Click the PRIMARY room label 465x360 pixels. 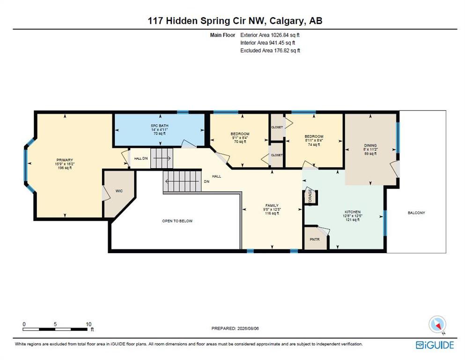65,160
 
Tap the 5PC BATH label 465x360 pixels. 160,126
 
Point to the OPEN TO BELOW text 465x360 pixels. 177,221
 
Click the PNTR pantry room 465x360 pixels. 316,239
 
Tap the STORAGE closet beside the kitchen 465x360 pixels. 310,197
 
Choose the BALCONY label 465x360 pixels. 416,213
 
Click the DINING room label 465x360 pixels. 370,145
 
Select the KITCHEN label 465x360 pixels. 353,212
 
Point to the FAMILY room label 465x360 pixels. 272,205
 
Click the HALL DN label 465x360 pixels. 141,158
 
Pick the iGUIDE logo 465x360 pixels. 435,345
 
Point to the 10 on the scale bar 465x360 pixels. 89,324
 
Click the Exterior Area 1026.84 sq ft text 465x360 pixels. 270,35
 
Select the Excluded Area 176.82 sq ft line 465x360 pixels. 270,51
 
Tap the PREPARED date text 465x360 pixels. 235,329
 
